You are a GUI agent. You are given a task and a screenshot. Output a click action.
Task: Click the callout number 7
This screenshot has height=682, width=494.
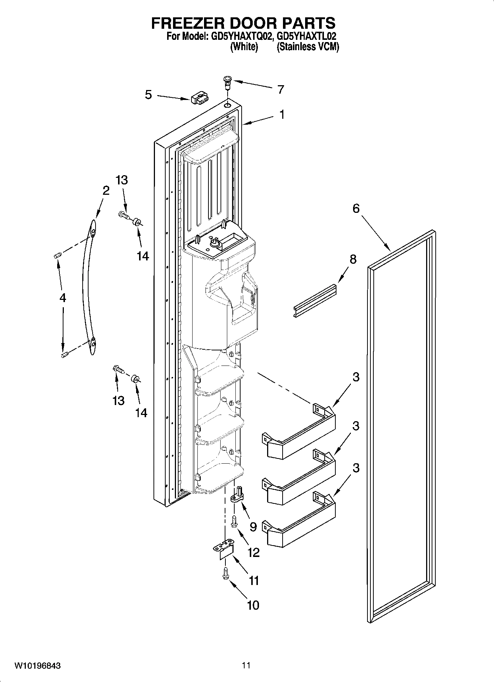281,90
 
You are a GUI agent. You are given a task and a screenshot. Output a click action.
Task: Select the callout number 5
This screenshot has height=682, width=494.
148,95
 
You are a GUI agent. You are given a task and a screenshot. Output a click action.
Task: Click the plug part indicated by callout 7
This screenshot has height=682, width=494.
227,82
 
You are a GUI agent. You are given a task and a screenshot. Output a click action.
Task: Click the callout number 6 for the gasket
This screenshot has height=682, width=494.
356,209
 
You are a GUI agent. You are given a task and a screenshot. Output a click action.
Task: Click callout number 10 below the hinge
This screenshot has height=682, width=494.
253,605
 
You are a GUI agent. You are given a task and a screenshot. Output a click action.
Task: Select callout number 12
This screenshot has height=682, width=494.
254,552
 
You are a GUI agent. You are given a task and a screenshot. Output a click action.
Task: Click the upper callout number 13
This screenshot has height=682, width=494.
121,180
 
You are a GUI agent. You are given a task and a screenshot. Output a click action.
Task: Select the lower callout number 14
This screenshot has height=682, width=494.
141,413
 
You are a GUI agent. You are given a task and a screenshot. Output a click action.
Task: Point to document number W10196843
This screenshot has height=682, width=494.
38,666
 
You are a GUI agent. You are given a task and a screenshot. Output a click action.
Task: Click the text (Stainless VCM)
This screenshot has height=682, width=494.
308,47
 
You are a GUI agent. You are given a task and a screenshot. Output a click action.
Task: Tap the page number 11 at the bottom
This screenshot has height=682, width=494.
246,665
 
